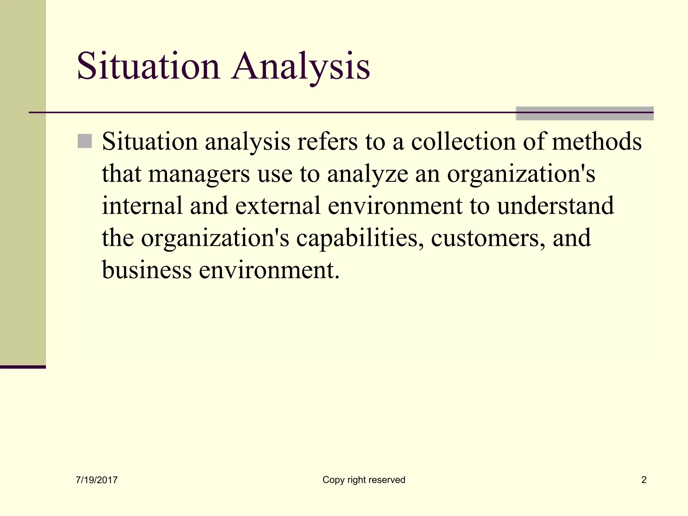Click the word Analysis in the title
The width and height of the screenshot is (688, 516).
coord(301,67)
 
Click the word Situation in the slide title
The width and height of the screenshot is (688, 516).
coord(148,67)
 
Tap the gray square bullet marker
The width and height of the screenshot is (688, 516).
coord(85,141)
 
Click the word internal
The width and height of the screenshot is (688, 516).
coord(142,206)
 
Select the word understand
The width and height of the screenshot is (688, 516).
coord(555,206)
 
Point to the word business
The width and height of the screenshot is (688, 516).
coord(146,270)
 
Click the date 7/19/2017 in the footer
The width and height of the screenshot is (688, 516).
coord(97,480)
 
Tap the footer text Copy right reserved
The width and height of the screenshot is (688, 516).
coord(364,480)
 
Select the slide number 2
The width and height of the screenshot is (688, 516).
coord(644,480)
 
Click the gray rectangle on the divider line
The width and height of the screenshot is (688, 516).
coord(585,114)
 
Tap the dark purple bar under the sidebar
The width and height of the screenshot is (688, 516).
coord(23,367)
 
